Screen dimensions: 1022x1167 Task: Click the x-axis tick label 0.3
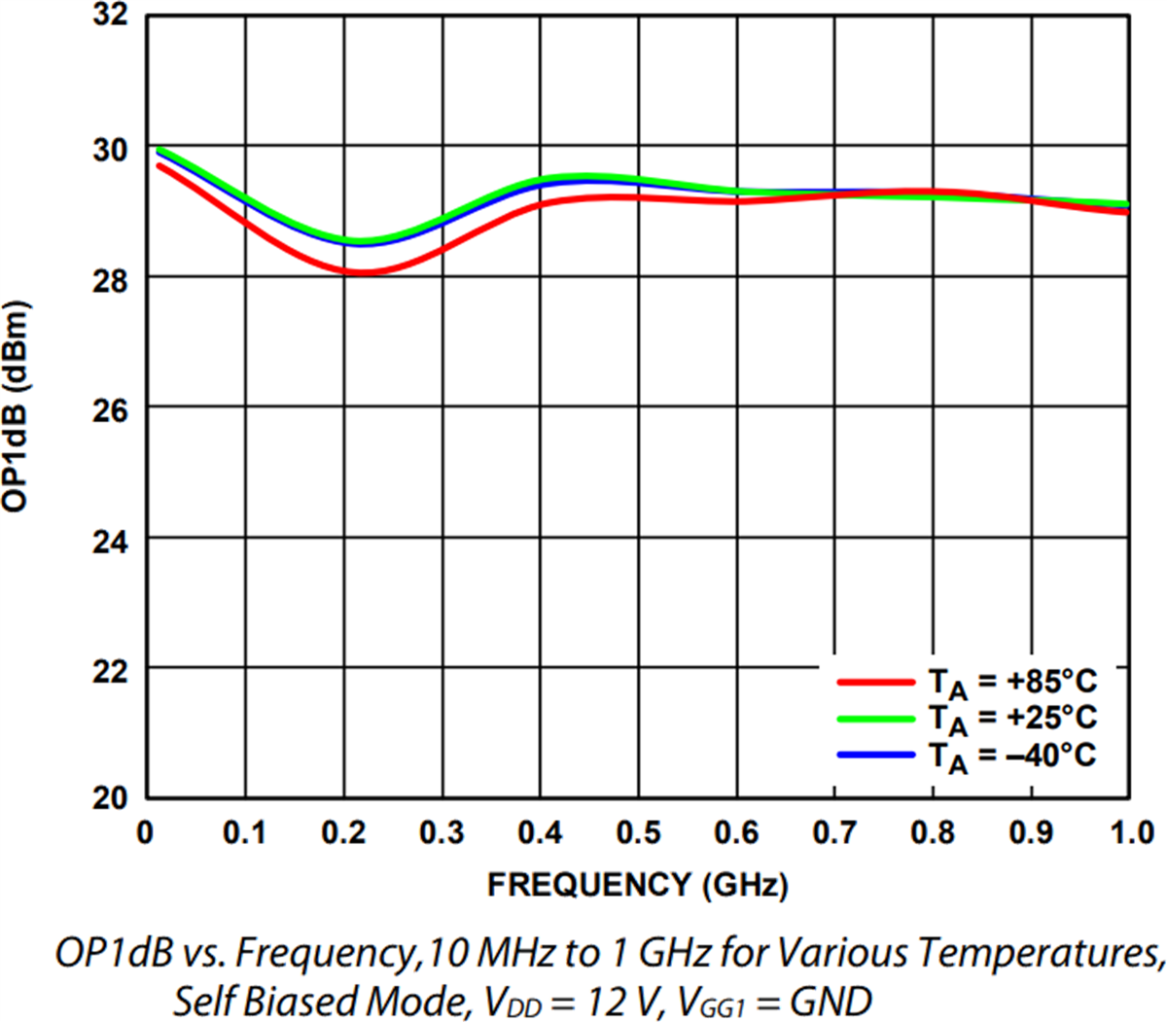pos(442,833)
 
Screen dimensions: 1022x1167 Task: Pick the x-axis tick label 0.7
pos(836,833)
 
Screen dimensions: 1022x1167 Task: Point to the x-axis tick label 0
pos(146,833)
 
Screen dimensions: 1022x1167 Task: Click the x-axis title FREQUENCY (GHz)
pos(637,885)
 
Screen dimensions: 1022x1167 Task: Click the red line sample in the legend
pos(875,682)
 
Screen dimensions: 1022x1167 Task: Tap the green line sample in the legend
pos(875,719)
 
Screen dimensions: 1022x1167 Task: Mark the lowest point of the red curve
pos(360,273)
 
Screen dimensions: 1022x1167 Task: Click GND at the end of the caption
pos(831,1000)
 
